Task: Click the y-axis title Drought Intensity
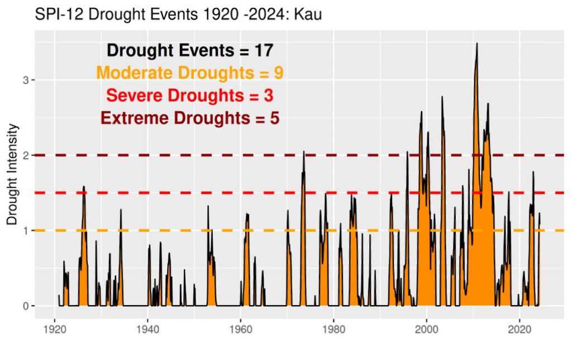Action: pyautogui.click(x=13, y=174)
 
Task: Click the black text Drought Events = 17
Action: pyautogui.click(x=190, y=50)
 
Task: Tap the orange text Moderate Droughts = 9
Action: pyautogui.click(x=190, y=73)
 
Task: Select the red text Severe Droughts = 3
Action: pyautogui.click(x=190, y=96)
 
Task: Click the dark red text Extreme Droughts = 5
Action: pyautogui.click(x=190, y=119)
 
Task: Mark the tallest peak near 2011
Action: pyautogui.click(x=476, y=44)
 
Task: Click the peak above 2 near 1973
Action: pyautogui.click(x=304, y=152)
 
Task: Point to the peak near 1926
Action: pyautogui.click(x=84, y=187)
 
